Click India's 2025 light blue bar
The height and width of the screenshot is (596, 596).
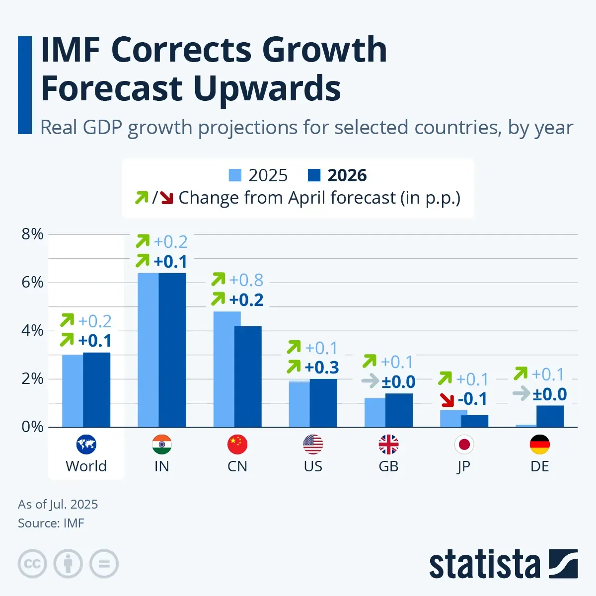click(148, 350)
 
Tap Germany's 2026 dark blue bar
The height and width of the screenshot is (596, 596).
click(550, 416)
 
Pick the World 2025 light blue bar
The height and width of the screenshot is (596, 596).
click(73, 391)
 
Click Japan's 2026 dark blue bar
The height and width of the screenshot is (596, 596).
click(474, 421)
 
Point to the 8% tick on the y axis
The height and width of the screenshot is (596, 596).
click(32, 234)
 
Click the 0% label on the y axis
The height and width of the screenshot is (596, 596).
click(32, 427)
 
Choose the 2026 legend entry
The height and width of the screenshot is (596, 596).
click(338, 175)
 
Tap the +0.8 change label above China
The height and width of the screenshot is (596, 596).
click(246, 280)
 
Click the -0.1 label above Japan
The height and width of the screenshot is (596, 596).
click(472, 399)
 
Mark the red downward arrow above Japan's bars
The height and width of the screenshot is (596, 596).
click(447, 399)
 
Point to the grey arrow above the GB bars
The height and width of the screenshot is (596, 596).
click(370, 381)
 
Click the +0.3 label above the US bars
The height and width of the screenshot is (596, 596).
click(322, 368)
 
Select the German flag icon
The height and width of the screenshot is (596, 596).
click(540, 445)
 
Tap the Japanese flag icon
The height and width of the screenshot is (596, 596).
click(464, 445)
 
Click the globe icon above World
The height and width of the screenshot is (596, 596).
click(86, 445)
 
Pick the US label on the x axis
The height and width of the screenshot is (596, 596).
click(313, 466)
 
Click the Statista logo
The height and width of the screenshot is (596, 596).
click(503, 564)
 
